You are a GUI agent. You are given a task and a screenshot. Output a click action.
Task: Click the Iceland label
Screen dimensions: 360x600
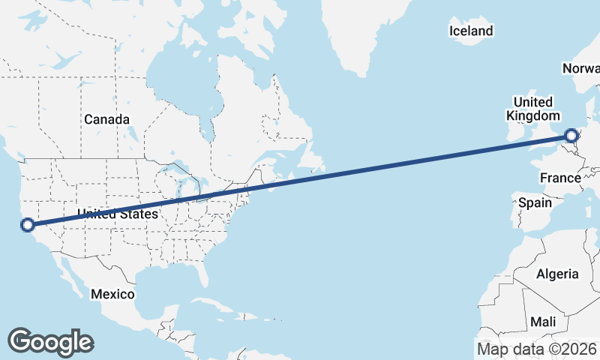[471, 31]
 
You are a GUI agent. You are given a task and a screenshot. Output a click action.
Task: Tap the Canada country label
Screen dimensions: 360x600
[106, 119]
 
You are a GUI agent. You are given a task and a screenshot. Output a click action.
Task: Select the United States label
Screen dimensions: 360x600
[118, 214]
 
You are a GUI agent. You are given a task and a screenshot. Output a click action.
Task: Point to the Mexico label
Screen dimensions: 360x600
[112, 294]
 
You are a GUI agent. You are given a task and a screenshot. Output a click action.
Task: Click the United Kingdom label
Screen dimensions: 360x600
[533, 109]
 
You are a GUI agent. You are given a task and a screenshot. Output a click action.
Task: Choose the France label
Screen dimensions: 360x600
[560, 178]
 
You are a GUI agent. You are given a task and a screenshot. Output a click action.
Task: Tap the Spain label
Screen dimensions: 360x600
[535, 202]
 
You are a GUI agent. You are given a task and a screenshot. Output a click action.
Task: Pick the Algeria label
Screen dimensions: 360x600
[557, 274]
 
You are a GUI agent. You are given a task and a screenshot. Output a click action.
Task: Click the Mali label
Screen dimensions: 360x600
[543, 321]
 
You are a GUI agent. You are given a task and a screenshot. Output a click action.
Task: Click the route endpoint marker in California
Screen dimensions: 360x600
[27, 224]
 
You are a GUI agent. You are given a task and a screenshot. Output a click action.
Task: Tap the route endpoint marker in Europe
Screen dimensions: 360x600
[571, 136]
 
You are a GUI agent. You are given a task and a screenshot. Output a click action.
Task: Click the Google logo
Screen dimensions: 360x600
[50, 341]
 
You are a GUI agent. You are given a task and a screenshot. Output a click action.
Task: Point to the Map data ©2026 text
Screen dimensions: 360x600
[537, 349]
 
